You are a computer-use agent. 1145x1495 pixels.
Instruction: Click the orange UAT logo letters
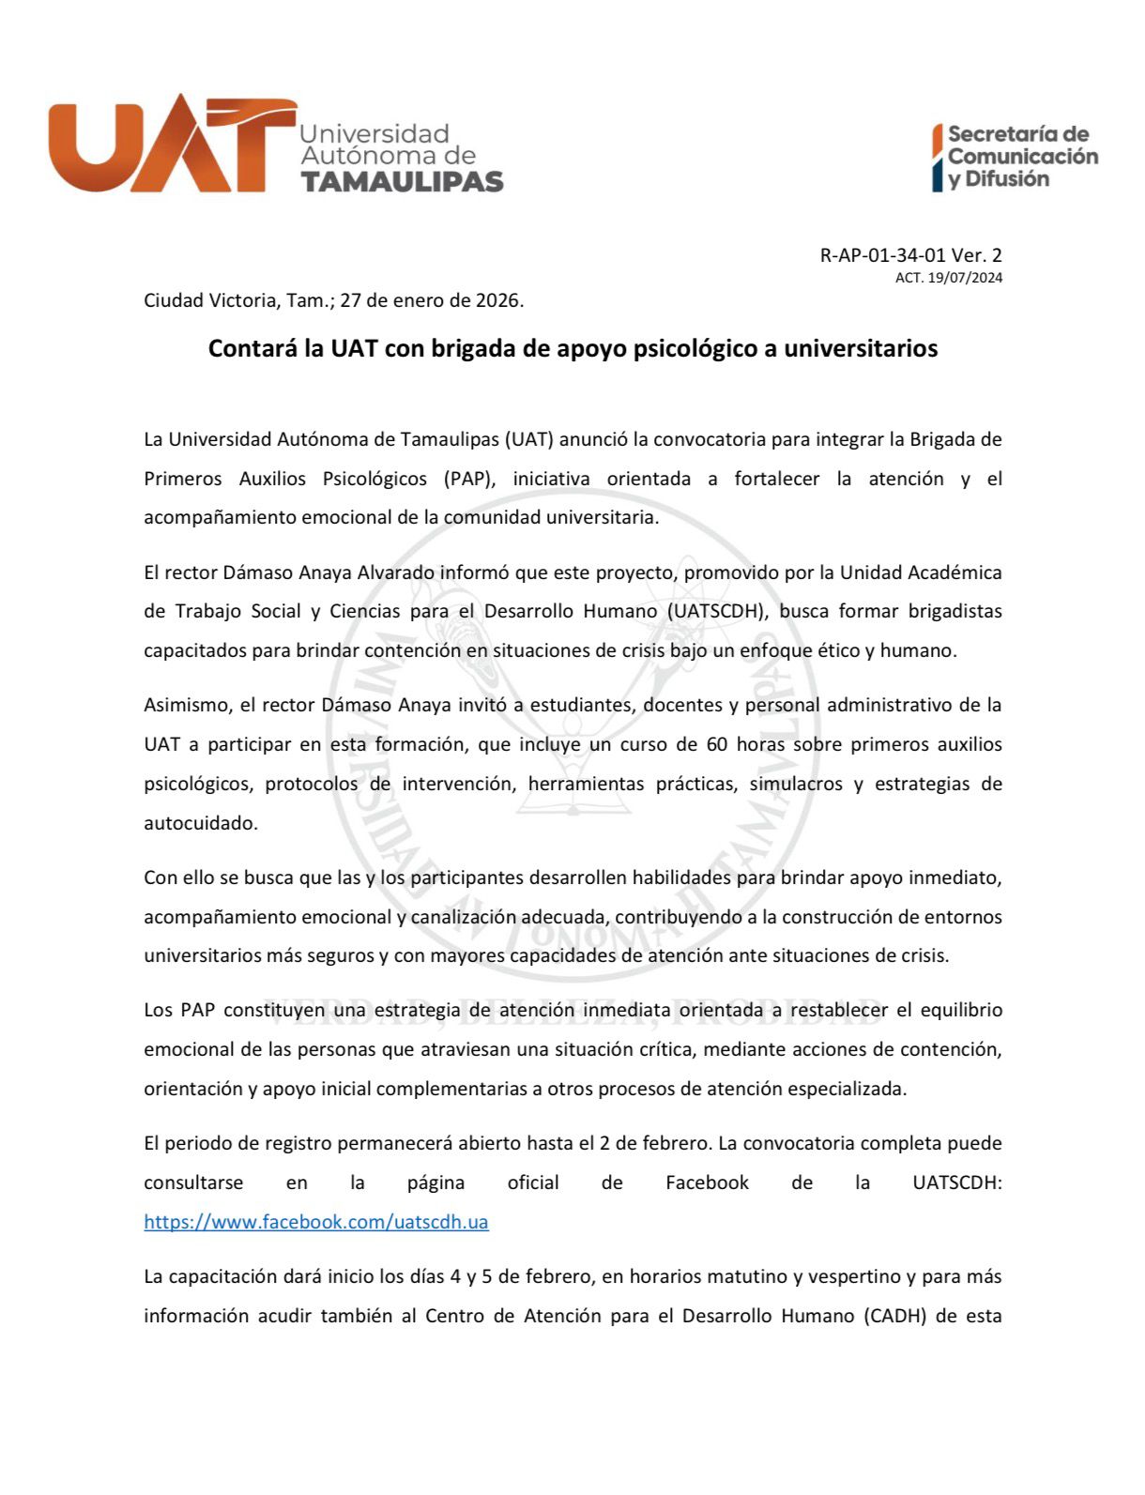[169, 145]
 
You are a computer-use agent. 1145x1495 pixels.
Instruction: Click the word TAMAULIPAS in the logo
[402, 181]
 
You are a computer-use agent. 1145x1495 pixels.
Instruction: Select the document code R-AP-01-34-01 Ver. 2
[910, 255]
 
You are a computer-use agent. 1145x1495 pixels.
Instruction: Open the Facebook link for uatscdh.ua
[316, 1222]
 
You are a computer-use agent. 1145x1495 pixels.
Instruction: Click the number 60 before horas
[715, 744]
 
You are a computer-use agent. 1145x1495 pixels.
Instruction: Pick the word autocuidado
[200, 823]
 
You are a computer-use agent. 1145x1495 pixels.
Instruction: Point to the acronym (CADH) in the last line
[894, 1316]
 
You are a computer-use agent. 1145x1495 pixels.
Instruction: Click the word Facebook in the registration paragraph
[707, 1182]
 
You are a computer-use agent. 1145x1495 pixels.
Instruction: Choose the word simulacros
[796, 784]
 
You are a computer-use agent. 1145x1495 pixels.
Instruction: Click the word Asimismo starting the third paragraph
[186, 705]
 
